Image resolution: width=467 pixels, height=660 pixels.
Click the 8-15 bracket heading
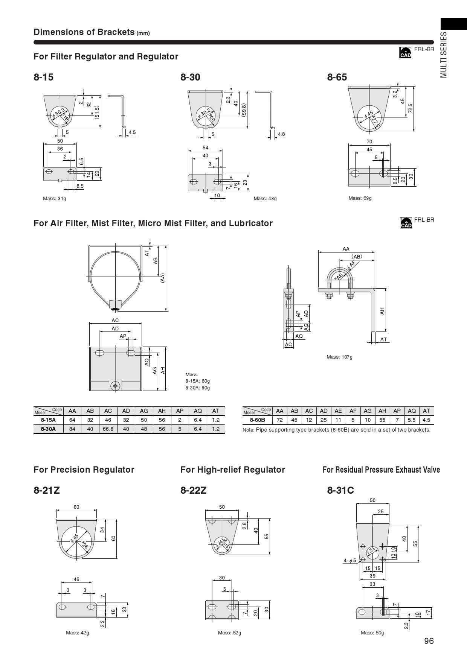point(44,77)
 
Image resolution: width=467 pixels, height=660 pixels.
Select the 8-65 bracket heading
point(337,77)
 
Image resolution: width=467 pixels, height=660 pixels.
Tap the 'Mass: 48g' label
point(265,198)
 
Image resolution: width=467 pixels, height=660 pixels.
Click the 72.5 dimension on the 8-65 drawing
point(411,108)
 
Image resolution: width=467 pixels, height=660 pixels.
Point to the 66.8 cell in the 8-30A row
point(108,429)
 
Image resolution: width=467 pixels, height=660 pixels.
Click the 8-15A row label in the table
point(48,420)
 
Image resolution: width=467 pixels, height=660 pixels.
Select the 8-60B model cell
point(258,420)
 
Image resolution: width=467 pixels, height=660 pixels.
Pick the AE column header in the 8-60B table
point(338,411)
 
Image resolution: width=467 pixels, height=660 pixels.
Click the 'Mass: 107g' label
point(339,357)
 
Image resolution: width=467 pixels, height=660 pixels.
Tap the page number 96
point(429,641)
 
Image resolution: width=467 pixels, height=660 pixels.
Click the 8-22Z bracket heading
point(194,490)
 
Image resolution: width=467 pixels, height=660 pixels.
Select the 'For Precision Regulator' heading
point(84,470)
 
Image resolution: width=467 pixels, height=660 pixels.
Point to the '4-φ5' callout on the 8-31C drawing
point(349,561)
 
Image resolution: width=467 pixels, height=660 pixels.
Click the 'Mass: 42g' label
point(78,633)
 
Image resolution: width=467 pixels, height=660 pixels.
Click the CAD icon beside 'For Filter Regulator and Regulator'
point(405,53)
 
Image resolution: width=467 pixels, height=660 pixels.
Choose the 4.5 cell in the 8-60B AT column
point(426,420)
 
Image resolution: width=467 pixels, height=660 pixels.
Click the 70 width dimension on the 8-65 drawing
point(369,141)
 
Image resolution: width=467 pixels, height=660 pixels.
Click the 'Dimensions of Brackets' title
point(84,32)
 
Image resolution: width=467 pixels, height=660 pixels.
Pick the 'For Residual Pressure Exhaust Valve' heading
point(381,470)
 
